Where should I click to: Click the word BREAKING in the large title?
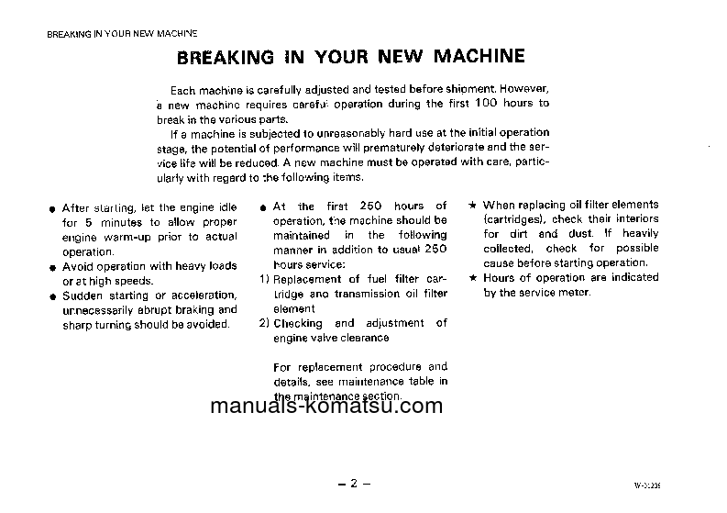click(225, 58)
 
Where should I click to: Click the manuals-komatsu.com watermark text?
click(326, 407)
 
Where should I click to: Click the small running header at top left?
click(122, 34)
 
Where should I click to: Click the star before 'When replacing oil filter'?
click(472, 205)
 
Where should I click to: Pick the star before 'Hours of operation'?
click(472, 277)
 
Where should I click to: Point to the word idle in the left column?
click(225, 208)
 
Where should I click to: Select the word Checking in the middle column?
click(298, 323)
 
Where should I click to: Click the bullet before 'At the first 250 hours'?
click(263, 207)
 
